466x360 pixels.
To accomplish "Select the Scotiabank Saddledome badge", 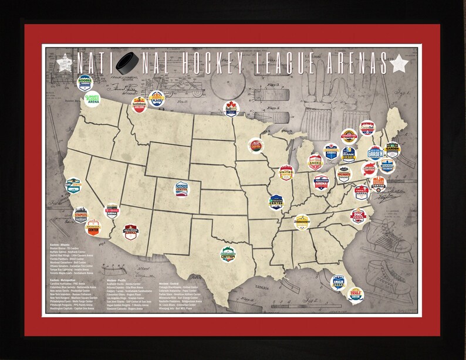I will click(x=139, y=106).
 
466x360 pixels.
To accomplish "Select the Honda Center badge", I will click(x=93, y=227).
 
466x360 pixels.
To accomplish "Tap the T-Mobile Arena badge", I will click(x=112, y=209).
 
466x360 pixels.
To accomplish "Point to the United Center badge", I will click(x=286, y=172).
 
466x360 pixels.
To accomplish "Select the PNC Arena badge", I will click(x=358, y=216).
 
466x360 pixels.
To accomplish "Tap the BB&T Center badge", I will click(x=356, y=293).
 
